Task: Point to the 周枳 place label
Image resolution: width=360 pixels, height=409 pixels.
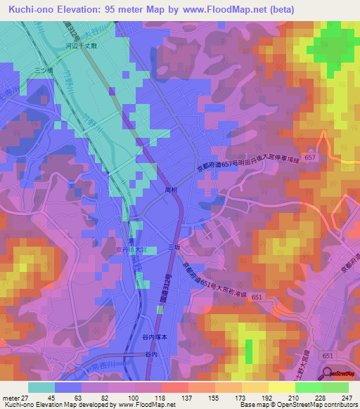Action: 170,190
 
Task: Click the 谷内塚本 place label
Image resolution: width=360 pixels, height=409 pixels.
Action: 156,337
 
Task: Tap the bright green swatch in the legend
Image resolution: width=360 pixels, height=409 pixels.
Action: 308,387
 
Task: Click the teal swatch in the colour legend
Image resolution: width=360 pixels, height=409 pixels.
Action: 41,387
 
